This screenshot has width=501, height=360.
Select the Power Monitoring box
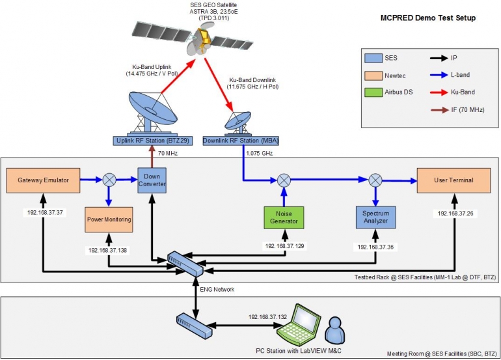[x=109, y=219]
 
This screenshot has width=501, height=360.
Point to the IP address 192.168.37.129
[x=284, y=246]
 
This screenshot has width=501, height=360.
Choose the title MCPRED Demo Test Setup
[x=427, y=18]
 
